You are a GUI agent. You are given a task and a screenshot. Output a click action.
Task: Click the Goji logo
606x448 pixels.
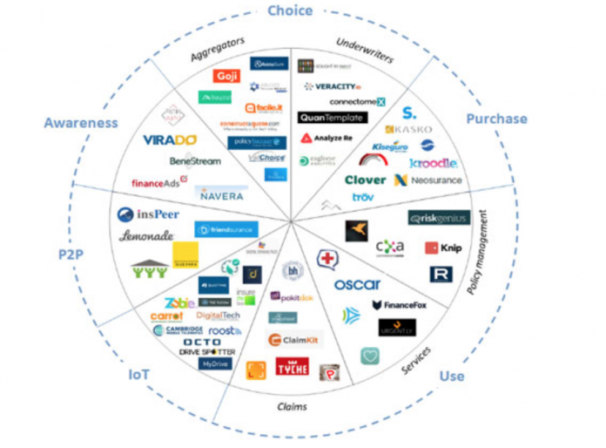tap(226, 76)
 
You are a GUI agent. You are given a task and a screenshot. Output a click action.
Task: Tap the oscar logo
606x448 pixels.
tap(357, 284)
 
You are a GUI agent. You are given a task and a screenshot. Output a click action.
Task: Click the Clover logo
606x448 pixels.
tap(365, 180)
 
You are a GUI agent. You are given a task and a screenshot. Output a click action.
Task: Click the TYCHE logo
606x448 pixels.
tap(291, 368)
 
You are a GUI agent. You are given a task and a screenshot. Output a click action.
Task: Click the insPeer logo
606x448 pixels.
tap(151, 214)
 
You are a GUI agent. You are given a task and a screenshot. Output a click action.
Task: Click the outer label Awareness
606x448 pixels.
tap(80, 123)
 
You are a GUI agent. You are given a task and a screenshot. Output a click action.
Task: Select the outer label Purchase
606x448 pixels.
tap(496, 119)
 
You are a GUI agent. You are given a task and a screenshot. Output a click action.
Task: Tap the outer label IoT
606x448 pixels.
tap(139, 375)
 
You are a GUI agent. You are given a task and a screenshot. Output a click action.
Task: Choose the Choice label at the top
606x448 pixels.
tap(290, 10)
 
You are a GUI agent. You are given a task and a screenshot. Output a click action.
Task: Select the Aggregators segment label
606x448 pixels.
tap(217, 49)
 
